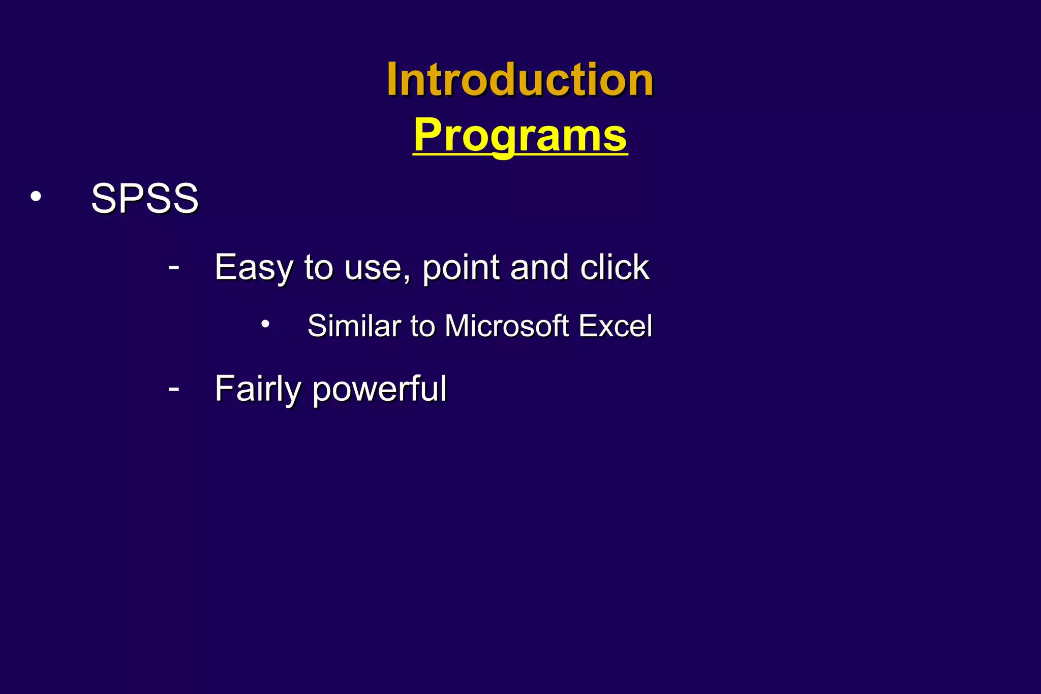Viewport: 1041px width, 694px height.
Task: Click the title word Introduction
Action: (x=519, y=80)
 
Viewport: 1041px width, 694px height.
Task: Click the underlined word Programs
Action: (x=520, y=135)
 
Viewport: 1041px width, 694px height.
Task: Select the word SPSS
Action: (x=144, y=198)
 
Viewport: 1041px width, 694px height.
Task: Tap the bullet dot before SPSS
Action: (x=36, y=197)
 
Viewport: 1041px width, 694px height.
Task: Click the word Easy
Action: (x=253, y=267)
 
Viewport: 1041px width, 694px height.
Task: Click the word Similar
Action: (x=354, y=326)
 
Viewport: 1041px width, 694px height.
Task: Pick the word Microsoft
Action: (x=506, y=326)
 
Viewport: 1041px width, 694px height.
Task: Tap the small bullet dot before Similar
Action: (x=265, y=324)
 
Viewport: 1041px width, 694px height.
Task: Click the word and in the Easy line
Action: (x=539, y=267)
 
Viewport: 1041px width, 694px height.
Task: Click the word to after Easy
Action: (x=318, y=267)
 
